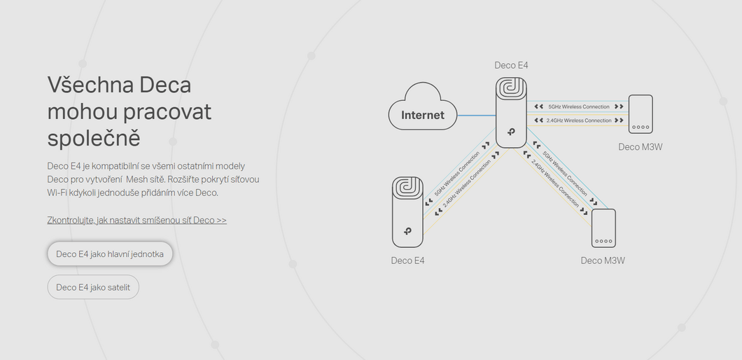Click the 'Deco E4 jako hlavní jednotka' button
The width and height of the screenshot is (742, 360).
[110, 254]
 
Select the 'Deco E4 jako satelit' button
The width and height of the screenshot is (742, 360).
[93, 287]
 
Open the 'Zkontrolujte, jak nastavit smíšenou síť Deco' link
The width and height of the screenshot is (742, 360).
[136, 220]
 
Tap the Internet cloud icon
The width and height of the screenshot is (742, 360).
[423, 107]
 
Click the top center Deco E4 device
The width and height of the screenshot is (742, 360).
[511, 113]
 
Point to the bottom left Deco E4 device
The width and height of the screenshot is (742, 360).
[407, 212]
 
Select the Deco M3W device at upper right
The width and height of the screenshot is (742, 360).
[640, 114]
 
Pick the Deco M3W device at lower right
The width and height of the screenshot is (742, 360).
[604, 228]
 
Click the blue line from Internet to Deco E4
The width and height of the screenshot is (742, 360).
[477, 116]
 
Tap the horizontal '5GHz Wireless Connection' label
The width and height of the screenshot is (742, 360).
[579, 106]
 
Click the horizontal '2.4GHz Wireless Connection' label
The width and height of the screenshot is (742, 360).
[579, 120]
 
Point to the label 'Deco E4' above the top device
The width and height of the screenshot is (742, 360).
[511, 65]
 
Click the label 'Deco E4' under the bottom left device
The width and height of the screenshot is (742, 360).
[407, 261]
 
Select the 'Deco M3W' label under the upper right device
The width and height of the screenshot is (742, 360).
[640, 147]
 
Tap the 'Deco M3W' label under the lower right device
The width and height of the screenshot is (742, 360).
[603, 261]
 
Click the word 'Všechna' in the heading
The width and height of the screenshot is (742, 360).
[90, 85]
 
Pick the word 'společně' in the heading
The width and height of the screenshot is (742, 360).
[94, 138]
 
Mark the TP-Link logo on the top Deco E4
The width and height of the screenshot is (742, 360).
[511, 132]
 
